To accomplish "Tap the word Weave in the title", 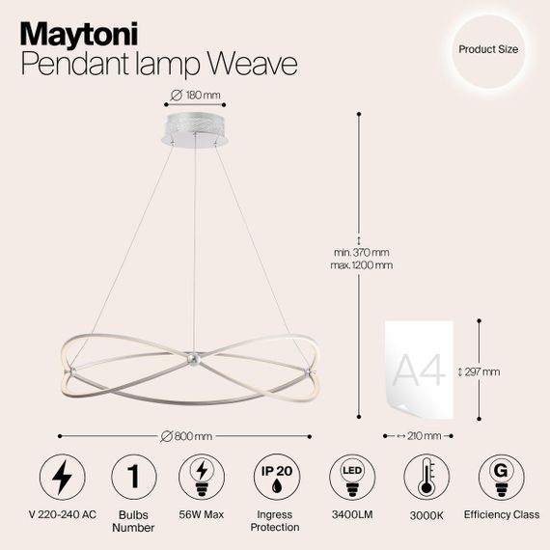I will click(254, 63).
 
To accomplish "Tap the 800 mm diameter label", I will click(192, 435).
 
